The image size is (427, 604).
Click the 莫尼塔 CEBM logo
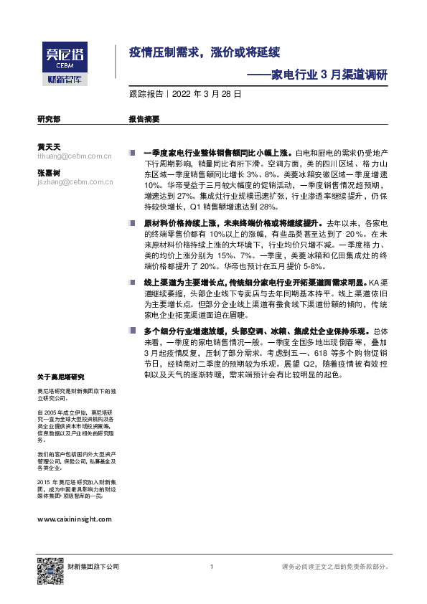click(63, 55)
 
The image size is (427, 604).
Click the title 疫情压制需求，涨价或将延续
click(204, 52)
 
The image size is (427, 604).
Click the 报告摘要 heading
click(144, 120)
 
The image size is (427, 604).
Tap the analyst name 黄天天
click(48, 146)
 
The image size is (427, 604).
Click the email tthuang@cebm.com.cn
click(74, 156)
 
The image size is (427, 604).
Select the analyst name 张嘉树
click(48, 173)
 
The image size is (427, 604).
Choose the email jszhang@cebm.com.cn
click(74, 182)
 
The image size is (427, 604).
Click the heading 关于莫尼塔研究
click(61, 377)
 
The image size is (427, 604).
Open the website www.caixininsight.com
click(74, 518)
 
